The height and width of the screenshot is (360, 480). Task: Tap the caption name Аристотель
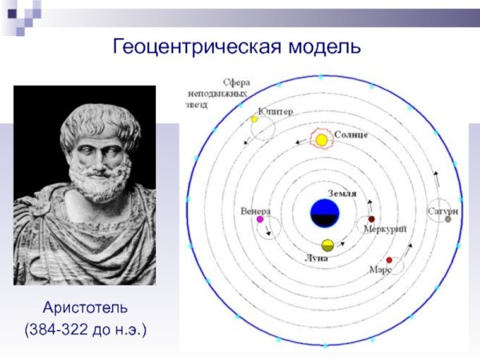(86, 307)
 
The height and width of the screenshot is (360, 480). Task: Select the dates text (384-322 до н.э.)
(86, 329)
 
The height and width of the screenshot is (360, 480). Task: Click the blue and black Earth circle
(326, 214)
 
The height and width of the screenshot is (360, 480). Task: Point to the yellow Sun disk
(321, 141)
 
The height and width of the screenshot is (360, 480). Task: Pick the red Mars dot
(390, 260)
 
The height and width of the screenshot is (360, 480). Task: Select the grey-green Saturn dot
(448, 218)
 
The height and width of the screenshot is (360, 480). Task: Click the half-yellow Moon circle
(327, 245)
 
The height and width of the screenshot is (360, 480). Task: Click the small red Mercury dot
(370, 219)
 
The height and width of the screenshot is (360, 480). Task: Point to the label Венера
(255, 211)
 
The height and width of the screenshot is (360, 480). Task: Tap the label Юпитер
(275, 111)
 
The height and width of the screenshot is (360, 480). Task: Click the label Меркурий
(386, 230)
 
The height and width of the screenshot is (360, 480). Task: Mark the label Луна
(317, 259)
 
